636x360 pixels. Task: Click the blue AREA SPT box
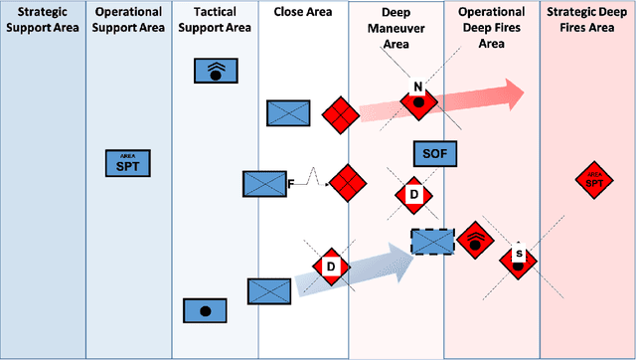pos(127,163)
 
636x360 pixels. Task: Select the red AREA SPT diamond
pos(593,180)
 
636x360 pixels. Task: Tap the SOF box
pos(434,153)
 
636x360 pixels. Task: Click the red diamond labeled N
pos(419,98)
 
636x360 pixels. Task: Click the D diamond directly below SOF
pos(414,195)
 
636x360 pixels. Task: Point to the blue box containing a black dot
pos(205,310)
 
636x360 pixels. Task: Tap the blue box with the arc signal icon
pos(216,71)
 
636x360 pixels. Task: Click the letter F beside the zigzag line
pos(291,184)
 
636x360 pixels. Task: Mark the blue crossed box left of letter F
pos(263,184)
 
